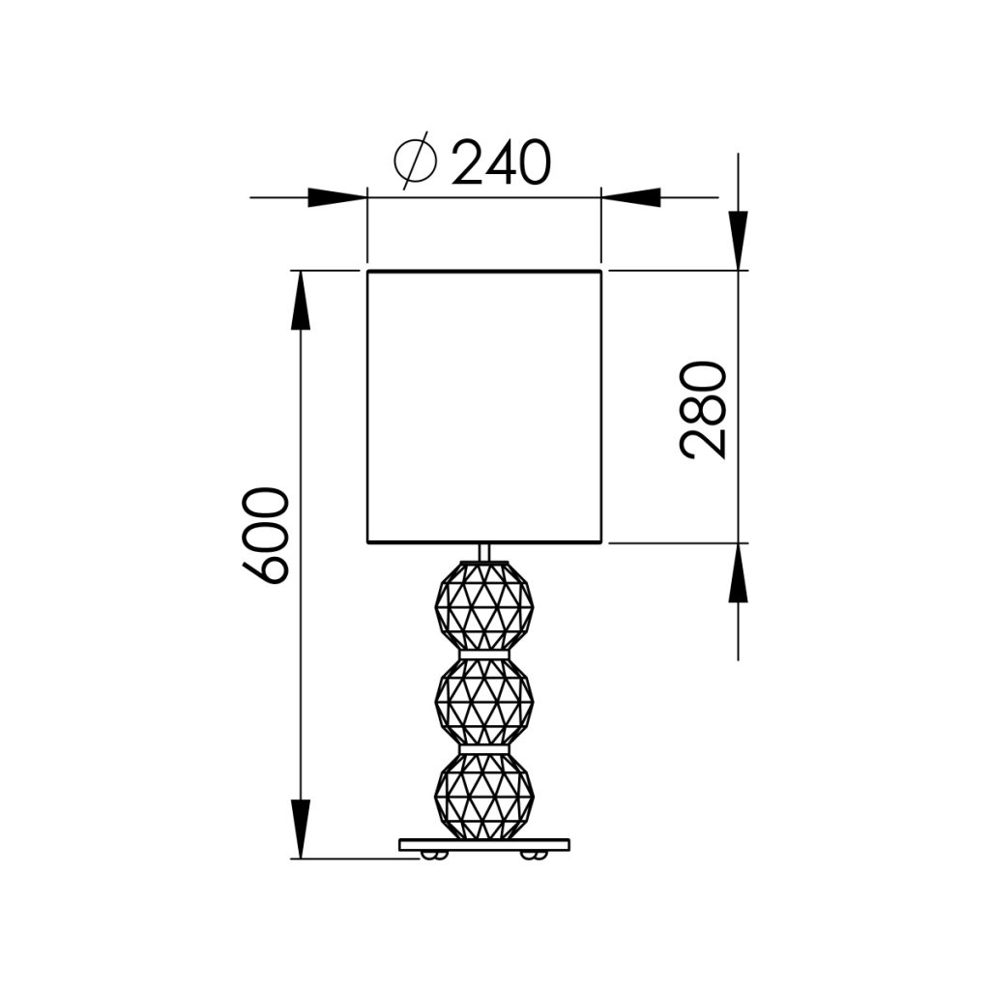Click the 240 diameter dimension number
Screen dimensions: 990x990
tap(502, 162)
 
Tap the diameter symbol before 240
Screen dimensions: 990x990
tap(415, 161)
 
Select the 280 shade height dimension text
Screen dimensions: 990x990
tap(704, 410)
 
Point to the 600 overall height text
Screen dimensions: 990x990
tap(266, 536)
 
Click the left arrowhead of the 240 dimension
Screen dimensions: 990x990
tap(337, 197)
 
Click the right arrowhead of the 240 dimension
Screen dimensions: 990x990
tap(630, 197)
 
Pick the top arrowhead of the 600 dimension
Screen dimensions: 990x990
tap(301, 301)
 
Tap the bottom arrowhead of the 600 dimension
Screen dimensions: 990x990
tap(301, 829)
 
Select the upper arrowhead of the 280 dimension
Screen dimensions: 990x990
tap(738, 241)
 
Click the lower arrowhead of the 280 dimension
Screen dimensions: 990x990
tap(738, 572)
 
